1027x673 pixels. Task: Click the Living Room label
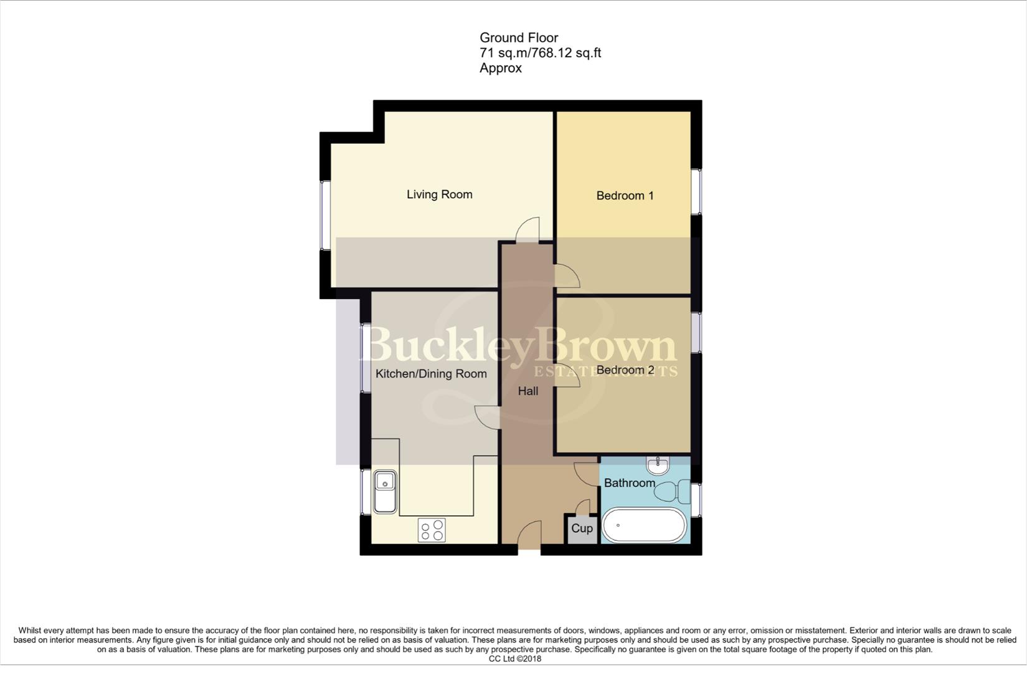click(439, 194)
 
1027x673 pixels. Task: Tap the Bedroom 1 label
click(625, 196)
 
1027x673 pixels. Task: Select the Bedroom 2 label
click(625, 370)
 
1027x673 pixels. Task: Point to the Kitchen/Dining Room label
click(431, 374)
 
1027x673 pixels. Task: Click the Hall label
click(528, 391)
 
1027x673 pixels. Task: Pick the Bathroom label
click(629, 483)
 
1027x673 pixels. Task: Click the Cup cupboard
click(582, 528)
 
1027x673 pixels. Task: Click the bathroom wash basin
click(658, 464)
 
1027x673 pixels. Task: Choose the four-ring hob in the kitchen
click(432, 530)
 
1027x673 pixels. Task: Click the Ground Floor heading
click(518, 38)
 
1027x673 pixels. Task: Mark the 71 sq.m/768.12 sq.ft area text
click(540, 53)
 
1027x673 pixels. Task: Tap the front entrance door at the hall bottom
click(529, 536)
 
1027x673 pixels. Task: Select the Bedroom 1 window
click(696, 191)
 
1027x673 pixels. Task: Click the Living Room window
click(324, 215)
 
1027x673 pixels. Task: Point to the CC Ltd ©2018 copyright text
click(514, 659)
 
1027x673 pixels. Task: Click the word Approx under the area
click(500, 68)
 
